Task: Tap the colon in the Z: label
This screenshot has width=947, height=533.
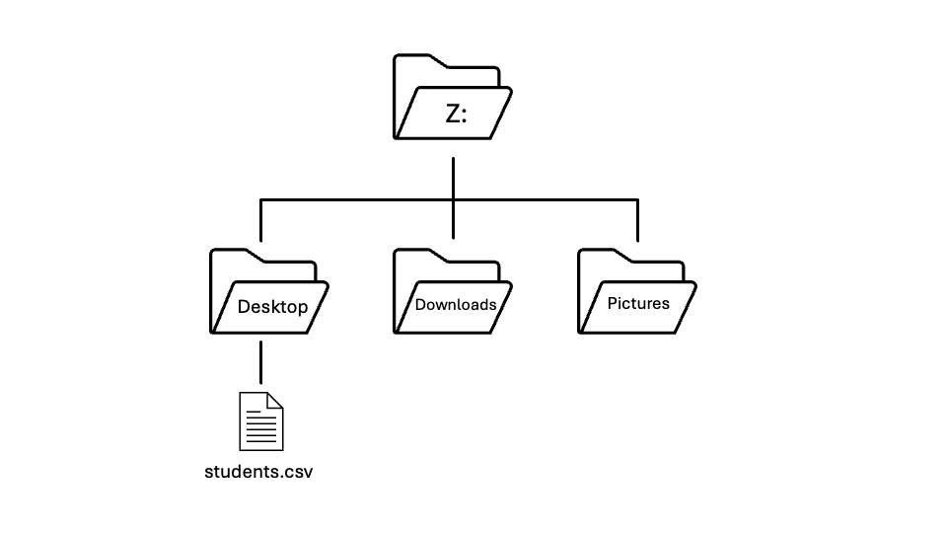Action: pos(466,114)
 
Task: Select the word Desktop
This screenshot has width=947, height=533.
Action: pos(272,307)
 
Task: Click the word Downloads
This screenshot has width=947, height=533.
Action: pos(455,304)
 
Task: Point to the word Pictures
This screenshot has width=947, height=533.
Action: pos(638,303)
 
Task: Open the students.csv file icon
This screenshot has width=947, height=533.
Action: pos(261,421)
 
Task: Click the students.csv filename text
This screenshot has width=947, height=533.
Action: pos(258,472)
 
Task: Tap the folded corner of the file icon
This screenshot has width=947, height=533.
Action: pos(275,400)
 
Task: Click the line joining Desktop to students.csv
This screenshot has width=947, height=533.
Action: pos(260,362)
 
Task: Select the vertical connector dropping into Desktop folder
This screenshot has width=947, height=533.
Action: pos(260,222)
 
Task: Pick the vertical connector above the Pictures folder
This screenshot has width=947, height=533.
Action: pos(638,222)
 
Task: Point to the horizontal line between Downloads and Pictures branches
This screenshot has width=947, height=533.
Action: pos(546,200)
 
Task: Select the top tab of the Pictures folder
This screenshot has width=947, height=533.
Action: pos(603,255)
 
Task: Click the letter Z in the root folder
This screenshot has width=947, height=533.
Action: pos(453,114)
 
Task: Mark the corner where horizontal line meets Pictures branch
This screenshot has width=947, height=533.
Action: pos(638,201)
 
